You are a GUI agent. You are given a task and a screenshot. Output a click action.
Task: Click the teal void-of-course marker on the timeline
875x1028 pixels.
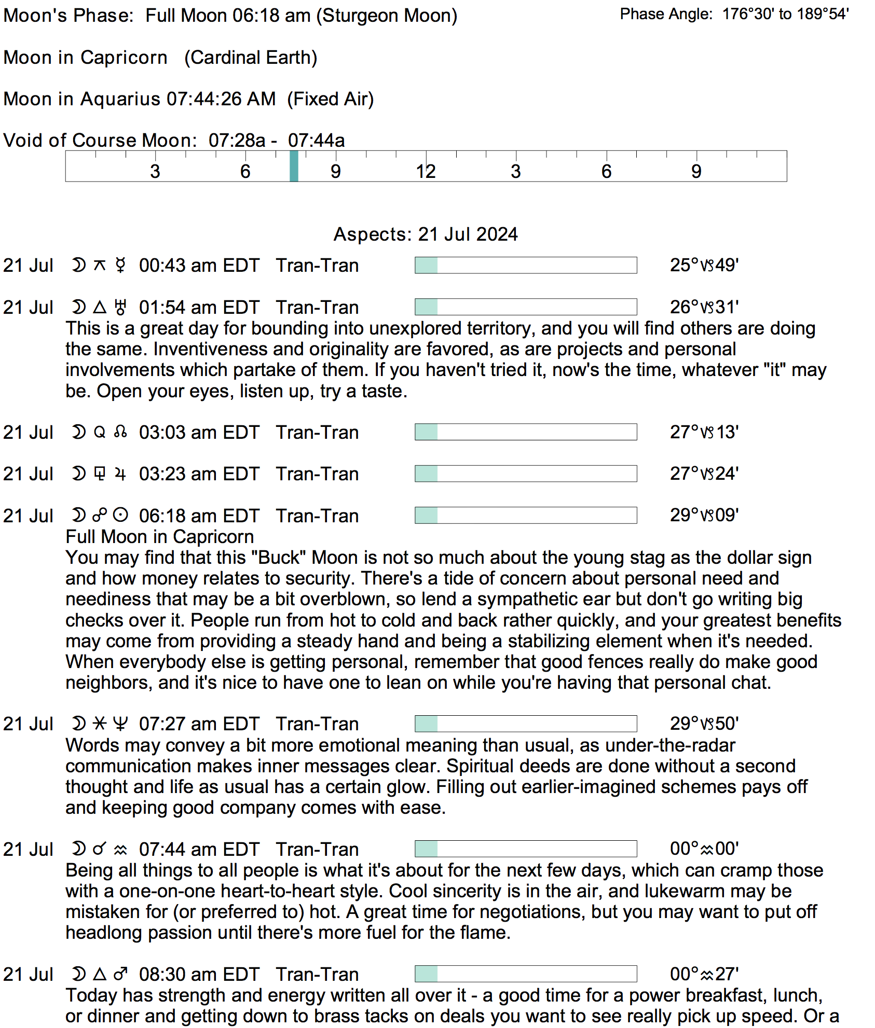(294, 166)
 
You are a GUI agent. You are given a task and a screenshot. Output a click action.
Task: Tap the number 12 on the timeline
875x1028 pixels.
(426, 171)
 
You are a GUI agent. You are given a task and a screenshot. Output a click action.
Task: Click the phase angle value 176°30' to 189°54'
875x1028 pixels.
(785, 14)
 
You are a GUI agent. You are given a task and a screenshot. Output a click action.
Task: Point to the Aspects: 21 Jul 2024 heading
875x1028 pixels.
(426, 234)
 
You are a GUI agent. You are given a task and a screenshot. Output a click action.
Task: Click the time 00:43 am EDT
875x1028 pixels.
(199, 266)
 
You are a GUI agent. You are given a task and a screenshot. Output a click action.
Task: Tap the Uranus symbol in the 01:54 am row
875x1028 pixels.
(120, 307)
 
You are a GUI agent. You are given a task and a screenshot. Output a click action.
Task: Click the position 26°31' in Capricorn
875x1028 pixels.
(704, 307)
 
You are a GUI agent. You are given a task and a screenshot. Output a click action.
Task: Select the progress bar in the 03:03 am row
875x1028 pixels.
(526, 432)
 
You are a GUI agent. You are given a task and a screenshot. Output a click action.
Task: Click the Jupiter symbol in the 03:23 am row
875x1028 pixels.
(120, 474)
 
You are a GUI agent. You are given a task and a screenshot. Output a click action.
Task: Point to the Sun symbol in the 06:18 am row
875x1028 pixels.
(120, 516)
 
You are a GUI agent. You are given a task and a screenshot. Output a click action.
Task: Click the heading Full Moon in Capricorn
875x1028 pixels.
(160, 537)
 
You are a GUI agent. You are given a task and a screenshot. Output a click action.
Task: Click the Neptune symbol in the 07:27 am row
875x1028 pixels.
(120, 724)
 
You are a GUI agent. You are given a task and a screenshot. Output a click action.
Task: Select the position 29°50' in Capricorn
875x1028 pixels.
(704, 724)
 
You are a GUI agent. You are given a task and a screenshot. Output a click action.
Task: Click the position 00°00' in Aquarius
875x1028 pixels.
(704, 849)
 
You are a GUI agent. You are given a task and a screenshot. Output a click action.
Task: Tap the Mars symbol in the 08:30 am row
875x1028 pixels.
(120, 974)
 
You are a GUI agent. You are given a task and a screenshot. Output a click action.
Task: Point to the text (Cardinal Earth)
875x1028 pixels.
(251, 58)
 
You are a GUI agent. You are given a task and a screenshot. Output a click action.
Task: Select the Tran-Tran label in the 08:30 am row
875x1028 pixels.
(317, 975)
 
